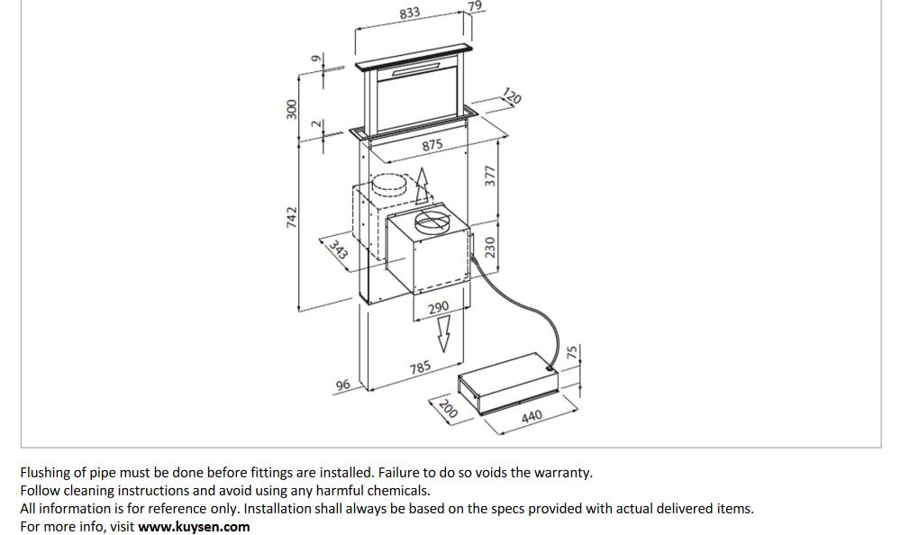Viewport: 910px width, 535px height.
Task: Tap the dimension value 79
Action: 476,6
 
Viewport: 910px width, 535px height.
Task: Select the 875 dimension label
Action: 432,145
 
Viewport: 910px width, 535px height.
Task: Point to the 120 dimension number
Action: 512,96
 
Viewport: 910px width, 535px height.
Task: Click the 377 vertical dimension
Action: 491,177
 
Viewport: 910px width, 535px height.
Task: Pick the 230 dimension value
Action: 491,248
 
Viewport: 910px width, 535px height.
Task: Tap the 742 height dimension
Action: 291,217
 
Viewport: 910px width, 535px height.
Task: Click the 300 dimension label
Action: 291,110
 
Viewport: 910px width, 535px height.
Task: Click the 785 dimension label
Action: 420,367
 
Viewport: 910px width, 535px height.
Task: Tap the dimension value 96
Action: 342,385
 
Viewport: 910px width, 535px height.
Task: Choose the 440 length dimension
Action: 532,417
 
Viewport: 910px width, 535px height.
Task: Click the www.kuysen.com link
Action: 194,527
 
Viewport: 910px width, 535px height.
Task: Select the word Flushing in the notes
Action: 46,472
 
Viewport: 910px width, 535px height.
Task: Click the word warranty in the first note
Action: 564,472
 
